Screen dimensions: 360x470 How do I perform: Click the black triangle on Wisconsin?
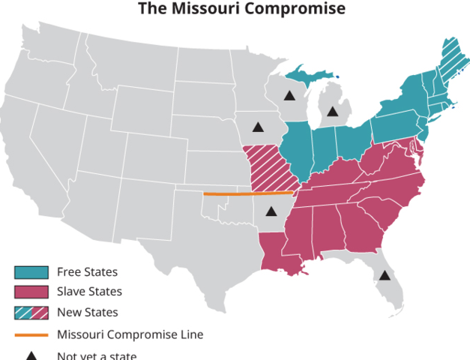coord(289,95)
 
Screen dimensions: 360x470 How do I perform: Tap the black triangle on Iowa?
coord(258,127)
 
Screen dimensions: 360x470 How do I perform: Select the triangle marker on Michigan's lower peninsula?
coord(332,112)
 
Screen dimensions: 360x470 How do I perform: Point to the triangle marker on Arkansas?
coord(271,211)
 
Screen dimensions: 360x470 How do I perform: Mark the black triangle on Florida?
coord(385,275)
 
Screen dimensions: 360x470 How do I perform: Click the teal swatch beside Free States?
coord(31,272)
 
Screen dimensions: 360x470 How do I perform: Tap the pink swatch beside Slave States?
coord(31,292)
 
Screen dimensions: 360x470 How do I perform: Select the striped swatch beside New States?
coord(31,312)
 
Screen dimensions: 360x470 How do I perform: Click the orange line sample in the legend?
coord(31,334)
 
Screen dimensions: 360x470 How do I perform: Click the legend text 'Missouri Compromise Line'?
coord(130,334)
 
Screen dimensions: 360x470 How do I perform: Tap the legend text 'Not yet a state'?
coord(97,355)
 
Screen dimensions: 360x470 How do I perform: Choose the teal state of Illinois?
coord(298,150)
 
